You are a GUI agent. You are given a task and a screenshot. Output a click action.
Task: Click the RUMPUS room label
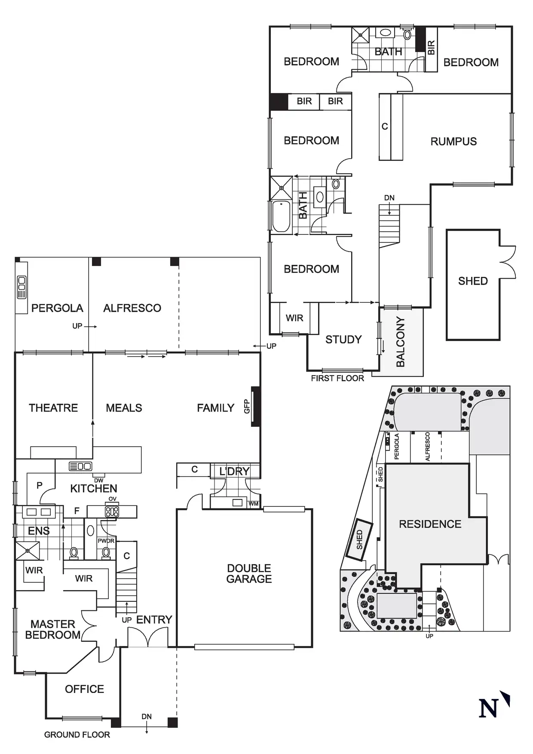tap(453, 141)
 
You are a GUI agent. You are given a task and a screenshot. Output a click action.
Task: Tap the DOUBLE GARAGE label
tap(249, 573)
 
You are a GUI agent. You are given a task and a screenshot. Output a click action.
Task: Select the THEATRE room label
tap(53, 408)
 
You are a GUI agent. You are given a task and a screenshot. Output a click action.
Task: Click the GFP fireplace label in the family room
tap(247, 406)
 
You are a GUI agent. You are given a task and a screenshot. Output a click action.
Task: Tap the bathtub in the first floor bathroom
tap(281, 216)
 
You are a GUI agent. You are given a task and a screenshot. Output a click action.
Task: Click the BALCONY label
tap(401, 342)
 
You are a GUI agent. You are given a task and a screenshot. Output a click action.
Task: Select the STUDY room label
tap(343, 340)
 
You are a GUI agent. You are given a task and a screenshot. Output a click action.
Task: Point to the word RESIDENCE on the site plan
tap(430, 524)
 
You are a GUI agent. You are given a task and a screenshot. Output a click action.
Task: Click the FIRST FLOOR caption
tap(337, 378)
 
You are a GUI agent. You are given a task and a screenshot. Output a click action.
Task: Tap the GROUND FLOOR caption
tap(77, 735)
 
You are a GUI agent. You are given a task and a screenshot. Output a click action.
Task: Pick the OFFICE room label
tap(84, 689)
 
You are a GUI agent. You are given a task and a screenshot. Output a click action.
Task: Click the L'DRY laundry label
tap(234, 471)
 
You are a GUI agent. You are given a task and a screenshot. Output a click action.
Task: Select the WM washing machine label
tap(254, 503)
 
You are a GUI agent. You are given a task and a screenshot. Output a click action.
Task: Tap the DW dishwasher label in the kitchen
tap(98, 480)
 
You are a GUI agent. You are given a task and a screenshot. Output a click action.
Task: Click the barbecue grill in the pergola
tap(21, 287)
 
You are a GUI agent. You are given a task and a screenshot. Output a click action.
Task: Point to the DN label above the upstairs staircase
tap(389, 198)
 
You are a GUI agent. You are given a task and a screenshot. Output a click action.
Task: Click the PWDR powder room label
tap(106, 541)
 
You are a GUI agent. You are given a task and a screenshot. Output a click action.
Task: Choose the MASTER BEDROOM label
tap(53, 629)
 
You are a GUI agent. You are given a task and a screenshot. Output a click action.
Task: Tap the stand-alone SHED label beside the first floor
tap(473, 281)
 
